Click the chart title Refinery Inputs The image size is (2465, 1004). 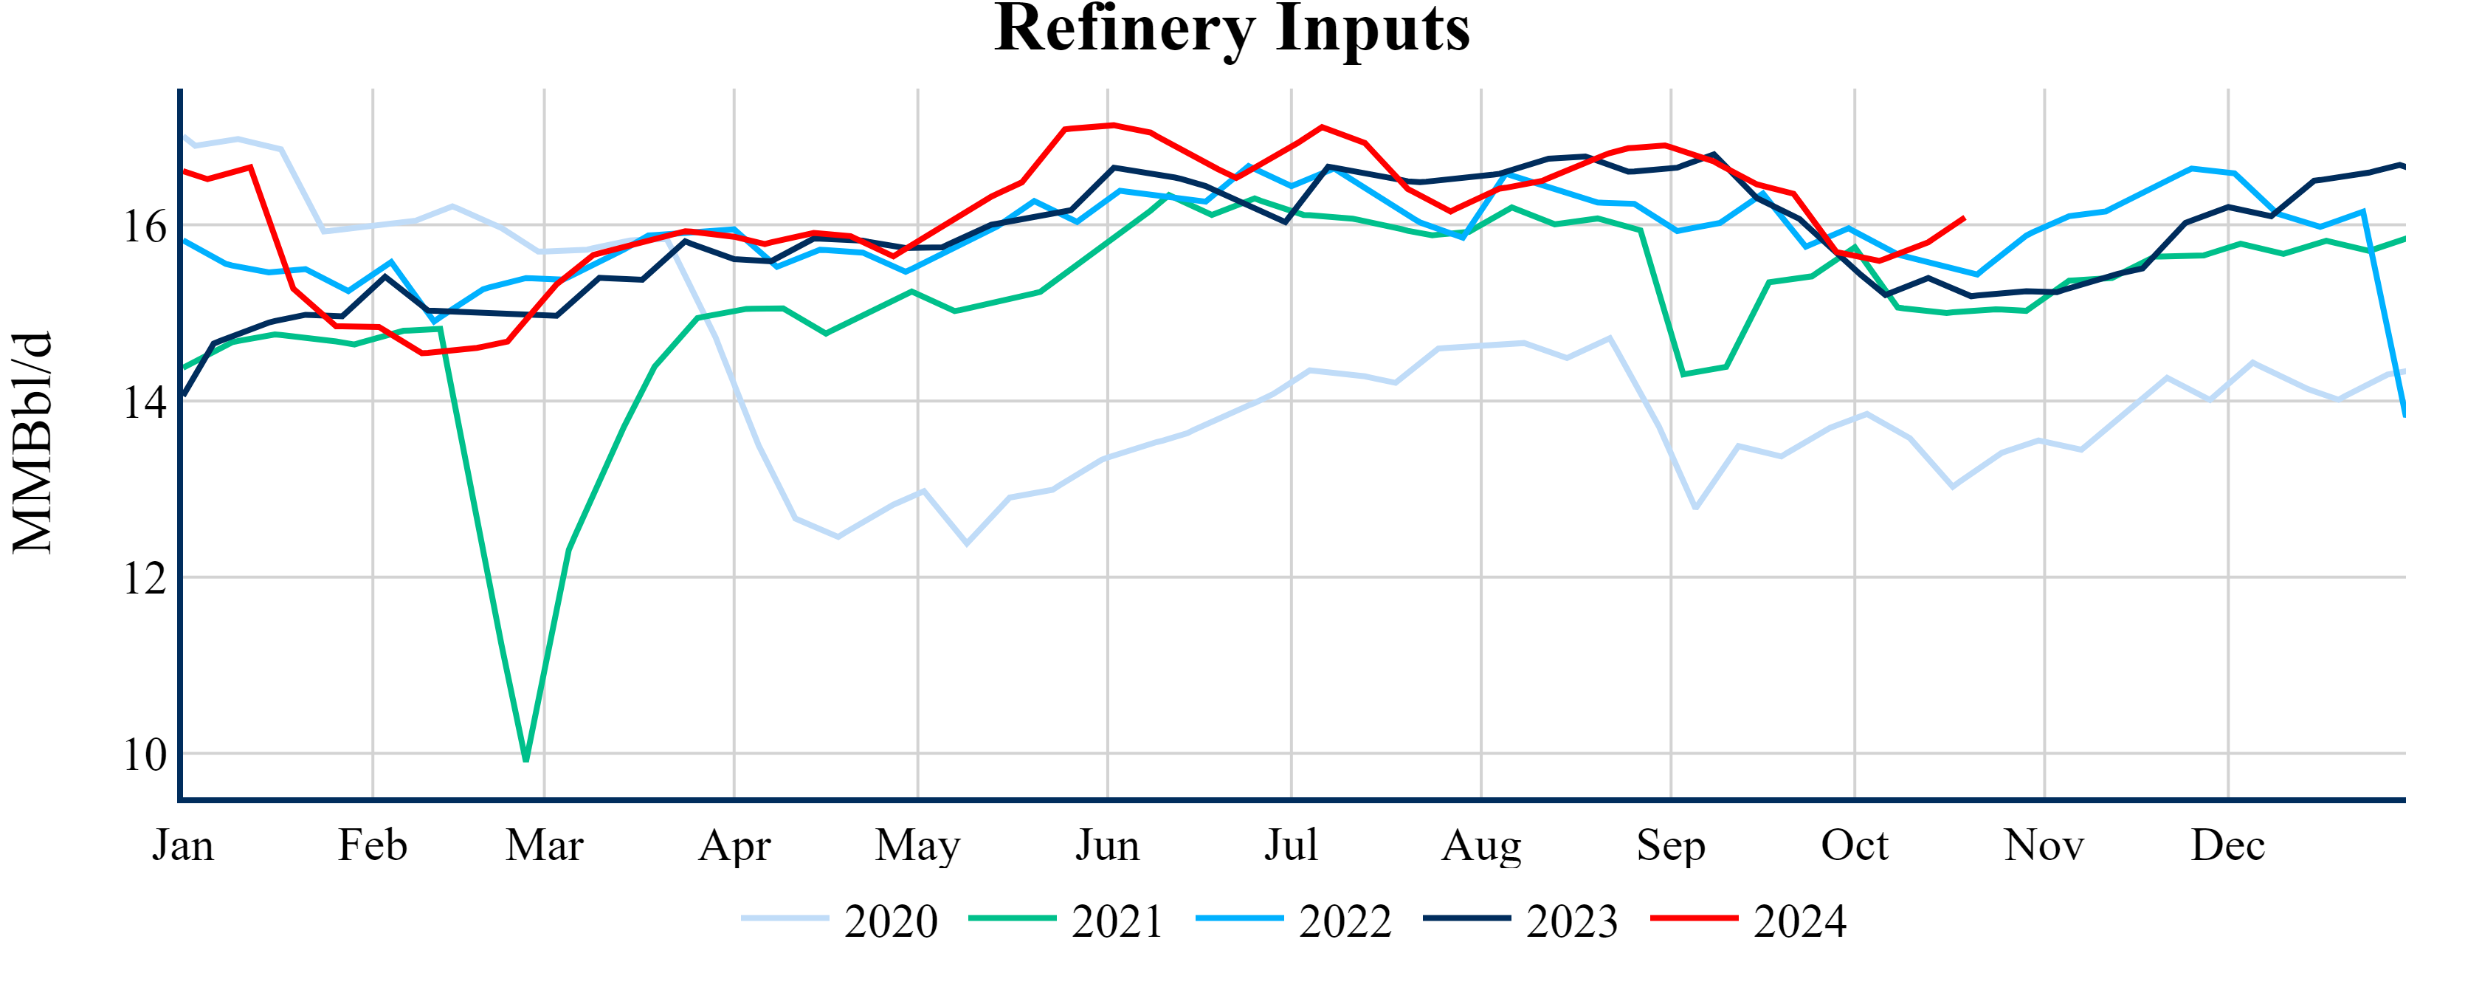click(1232, 29)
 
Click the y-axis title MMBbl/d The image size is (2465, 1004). click(32, 443)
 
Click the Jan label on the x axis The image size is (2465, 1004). click(183, 845)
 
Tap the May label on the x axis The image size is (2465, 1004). click(917, 845)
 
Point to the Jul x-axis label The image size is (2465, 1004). click(1291, 845)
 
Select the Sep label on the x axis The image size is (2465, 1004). click(1671, 845)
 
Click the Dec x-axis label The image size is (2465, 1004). click(2227, 845)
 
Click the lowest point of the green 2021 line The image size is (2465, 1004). click(526, 761)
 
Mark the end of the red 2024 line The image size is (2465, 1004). click(1964, 219)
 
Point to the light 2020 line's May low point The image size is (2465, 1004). click(967, 543)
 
